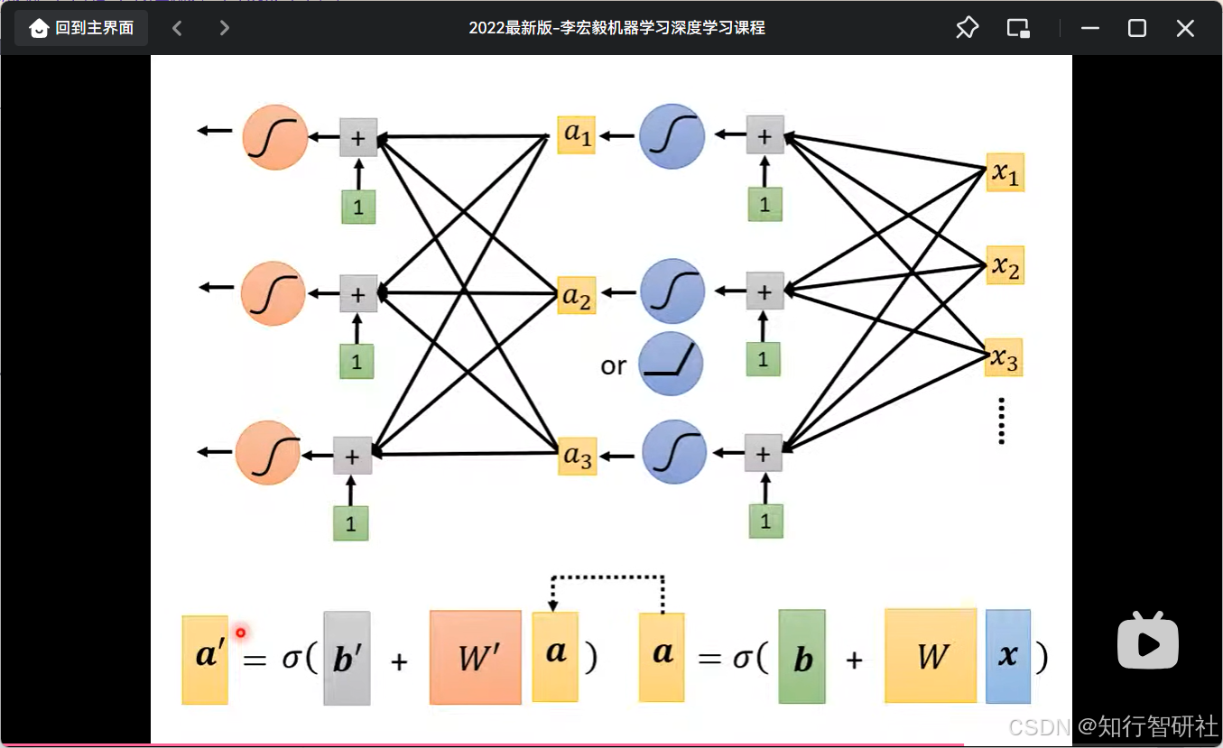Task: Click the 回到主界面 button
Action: click(x=81, y=28)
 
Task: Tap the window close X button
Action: click(x=1185, y=28)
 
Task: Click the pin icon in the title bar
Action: click(x=967, y=28)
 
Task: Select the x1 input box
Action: click(x=1005, y=172)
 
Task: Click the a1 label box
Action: click(x=576, y=134)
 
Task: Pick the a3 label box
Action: click(x=577, y=457)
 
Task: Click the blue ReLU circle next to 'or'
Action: click(x=671, y=364)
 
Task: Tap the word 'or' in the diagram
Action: click(x=613, y=365)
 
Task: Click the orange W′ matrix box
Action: click(x=475, y=657)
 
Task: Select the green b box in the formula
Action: click(x=801, y=657)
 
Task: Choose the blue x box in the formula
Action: click(x=1007, y=656)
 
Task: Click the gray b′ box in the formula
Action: click(x=347, y=658)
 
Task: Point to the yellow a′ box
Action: click(x=205, y=659)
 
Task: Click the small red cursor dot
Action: click(x=240, y=633)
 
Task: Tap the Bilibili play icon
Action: click(x=1148, y=641)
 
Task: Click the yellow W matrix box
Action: click(x=931, y=656)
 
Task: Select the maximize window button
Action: click(x=1137, y=28)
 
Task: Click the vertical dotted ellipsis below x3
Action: click(x=1002, y=420)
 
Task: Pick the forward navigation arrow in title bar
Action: click(x=224, y=28)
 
